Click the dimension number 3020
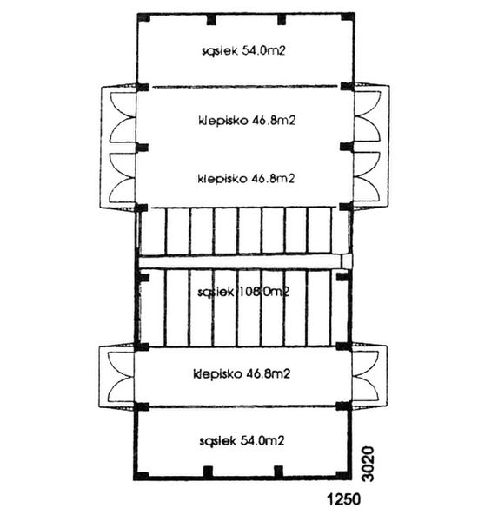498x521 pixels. point(366,461)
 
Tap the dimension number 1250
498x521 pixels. point(342,501)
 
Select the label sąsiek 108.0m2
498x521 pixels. point(242,292)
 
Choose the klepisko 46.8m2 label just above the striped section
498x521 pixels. point(246,179)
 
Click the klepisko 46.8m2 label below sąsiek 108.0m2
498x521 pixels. point(242,374)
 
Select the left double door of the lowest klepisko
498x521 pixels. point(117,375)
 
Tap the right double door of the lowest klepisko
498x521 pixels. point(369,375)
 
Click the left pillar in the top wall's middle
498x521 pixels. point(209,18)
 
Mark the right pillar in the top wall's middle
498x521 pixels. point(279,18)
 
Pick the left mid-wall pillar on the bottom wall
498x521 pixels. point(209,472)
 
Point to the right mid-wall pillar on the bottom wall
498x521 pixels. point(279,472)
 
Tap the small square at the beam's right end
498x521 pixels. point(346,260)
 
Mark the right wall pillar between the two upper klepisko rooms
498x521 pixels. point(347,148)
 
